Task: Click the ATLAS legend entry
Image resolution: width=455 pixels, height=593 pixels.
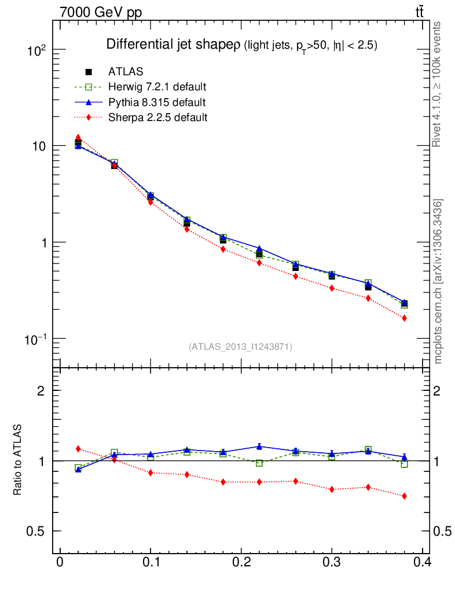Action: (x=126, y=72)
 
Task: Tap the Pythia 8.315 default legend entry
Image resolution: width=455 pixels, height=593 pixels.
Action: (x=156, y=103)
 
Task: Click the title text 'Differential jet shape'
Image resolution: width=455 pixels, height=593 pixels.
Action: (x=169, y=45)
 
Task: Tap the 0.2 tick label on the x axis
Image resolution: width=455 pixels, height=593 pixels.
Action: (x=241, y=562)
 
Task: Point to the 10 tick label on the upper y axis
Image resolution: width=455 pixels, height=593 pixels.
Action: (x=40, y=146)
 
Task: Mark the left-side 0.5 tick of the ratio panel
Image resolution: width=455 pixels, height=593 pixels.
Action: (x=36, y=532)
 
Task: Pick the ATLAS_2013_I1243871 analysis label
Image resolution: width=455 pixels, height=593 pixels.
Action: (x=240, y=347)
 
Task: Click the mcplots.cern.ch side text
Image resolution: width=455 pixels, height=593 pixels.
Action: (x=438, y=281)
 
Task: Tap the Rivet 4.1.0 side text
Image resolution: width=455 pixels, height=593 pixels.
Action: (x=438, y=84)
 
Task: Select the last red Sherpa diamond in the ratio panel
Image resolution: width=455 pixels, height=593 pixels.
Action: (x=404, y=496)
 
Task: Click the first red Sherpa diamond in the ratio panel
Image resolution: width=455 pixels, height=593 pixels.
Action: (x=78, y=449)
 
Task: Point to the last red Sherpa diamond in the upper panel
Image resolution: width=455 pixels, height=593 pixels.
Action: (x=404, y=318)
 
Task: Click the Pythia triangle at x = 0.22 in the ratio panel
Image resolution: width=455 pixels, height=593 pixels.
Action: (x=259, y=446)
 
